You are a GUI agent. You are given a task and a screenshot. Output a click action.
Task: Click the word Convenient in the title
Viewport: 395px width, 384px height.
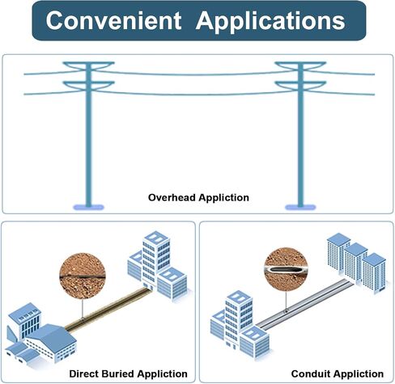[113, 20]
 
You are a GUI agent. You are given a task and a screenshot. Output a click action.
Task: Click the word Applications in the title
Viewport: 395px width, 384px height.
[270, 22]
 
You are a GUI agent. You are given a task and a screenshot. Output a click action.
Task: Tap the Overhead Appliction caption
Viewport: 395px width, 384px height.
[198, 197]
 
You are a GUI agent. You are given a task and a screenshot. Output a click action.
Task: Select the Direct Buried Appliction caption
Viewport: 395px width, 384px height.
[128, 373]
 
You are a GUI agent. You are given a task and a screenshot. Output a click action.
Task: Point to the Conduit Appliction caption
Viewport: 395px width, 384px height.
[338, 373]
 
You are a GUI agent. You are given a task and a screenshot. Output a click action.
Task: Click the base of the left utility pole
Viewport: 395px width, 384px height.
[88, 207]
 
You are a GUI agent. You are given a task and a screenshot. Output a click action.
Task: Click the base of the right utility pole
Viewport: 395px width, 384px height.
[300, 207]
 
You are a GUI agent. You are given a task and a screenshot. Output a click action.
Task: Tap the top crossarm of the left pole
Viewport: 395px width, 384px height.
[88, 65]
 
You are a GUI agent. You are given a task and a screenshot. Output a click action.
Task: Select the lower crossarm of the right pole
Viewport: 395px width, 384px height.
[300, 85]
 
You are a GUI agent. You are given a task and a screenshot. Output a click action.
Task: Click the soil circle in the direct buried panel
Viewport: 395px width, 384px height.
[83, 276]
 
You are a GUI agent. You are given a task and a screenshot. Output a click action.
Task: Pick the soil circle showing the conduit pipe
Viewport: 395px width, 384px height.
[286, 269]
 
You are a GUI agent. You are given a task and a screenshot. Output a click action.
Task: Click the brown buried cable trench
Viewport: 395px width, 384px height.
[108, 309]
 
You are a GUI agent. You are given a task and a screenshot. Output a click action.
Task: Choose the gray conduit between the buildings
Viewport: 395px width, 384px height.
[304, 305]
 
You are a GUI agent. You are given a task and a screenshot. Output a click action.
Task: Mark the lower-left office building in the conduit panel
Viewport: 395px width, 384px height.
[240, 325]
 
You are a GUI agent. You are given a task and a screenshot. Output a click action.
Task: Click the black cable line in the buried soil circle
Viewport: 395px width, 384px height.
[83, 276]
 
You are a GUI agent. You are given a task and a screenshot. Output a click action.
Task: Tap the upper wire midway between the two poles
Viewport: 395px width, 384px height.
[194, 74]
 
